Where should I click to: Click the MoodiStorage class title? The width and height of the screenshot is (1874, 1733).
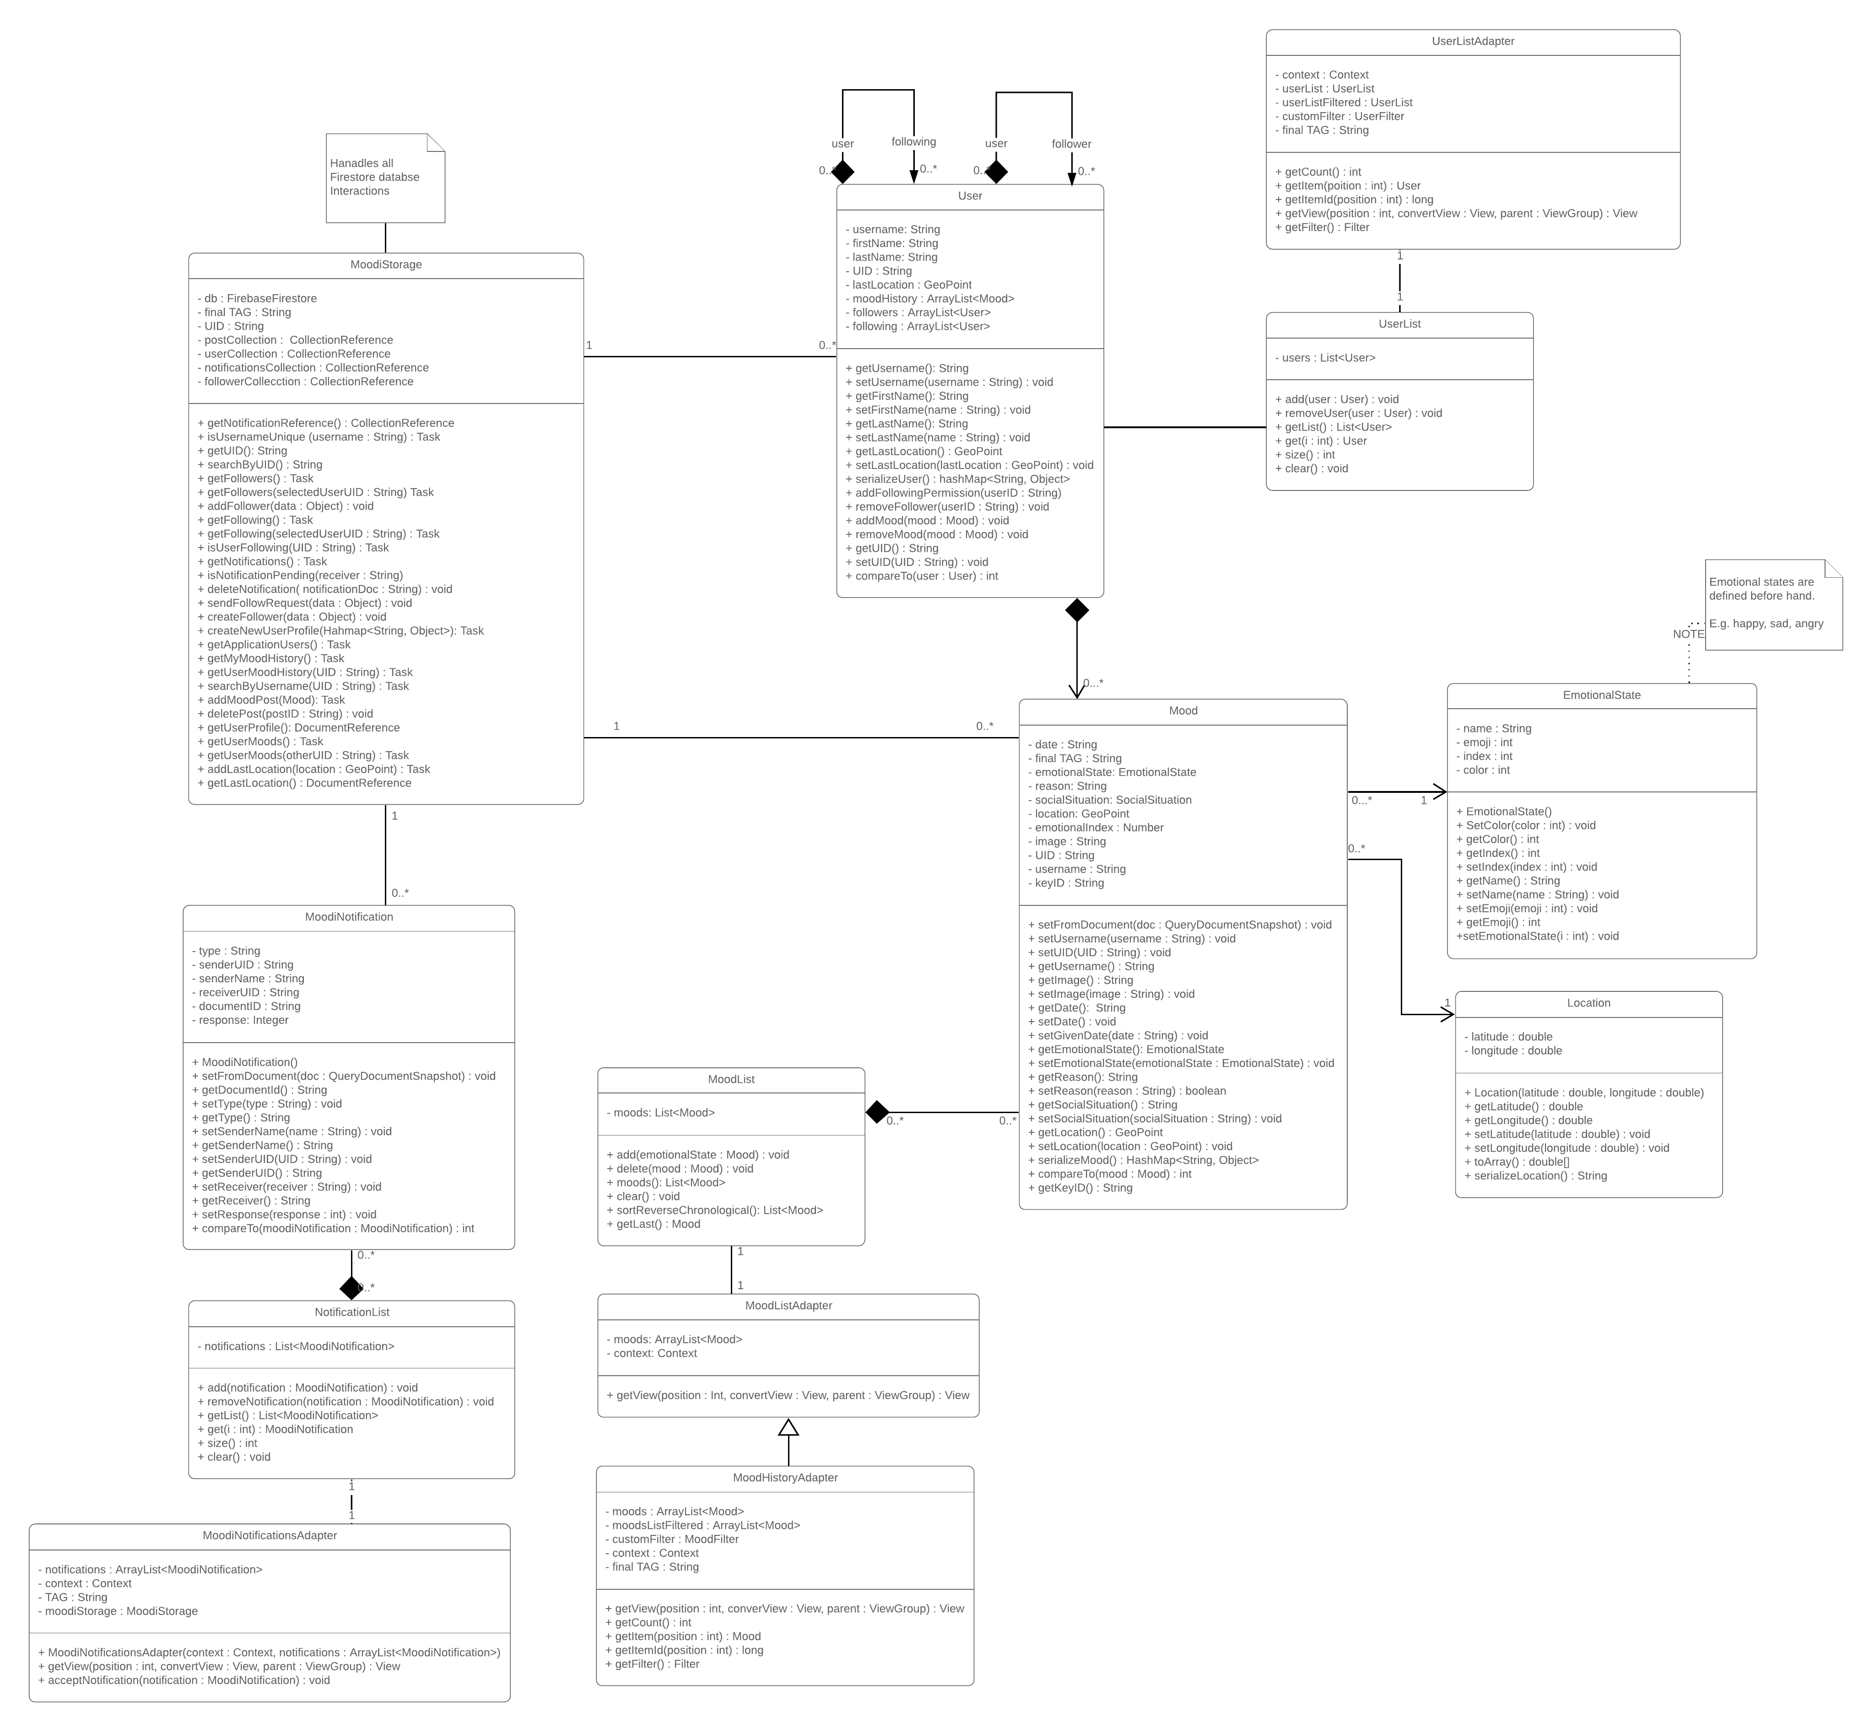(385, 264)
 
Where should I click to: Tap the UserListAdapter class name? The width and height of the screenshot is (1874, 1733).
(1473, 41)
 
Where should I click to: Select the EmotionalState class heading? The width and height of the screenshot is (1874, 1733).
(1601, 695)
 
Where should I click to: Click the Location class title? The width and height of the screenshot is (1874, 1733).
(1588, 1002)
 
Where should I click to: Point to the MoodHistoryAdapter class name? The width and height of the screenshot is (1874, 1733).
(785, 1477)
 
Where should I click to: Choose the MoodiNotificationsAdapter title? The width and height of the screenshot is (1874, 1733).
(269, 1535)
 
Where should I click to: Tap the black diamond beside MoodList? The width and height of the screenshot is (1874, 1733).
(877, 1112)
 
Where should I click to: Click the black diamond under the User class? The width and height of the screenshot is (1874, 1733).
(1077, 610)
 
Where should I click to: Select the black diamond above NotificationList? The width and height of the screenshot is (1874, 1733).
(351, 1287)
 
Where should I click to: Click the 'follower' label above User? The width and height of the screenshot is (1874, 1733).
(1071, 144)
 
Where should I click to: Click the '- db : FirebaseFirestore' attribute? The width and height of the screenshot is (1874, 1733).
(257, 298)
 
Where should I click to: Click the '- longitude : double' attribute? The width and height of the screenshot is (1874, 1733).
(1513, 1050)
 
